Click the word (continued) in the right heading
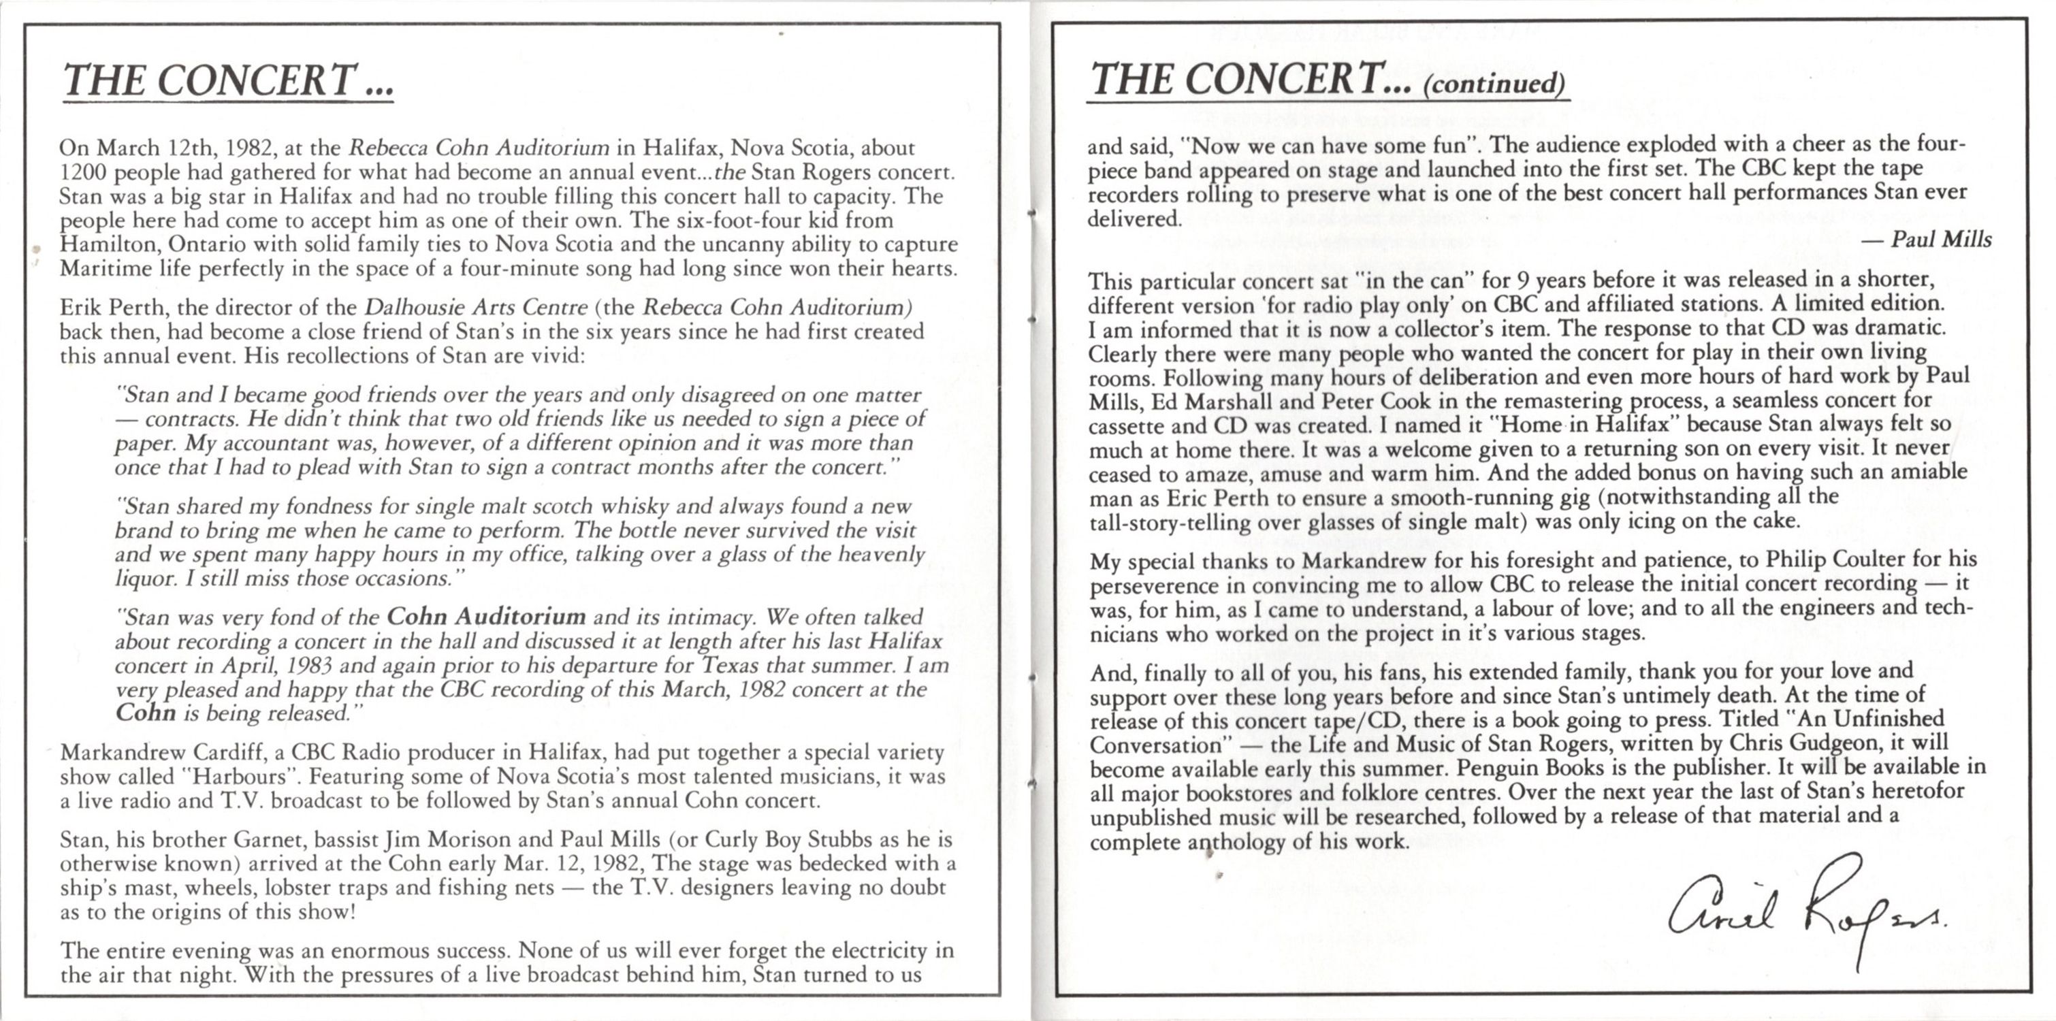(1494, 84)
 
